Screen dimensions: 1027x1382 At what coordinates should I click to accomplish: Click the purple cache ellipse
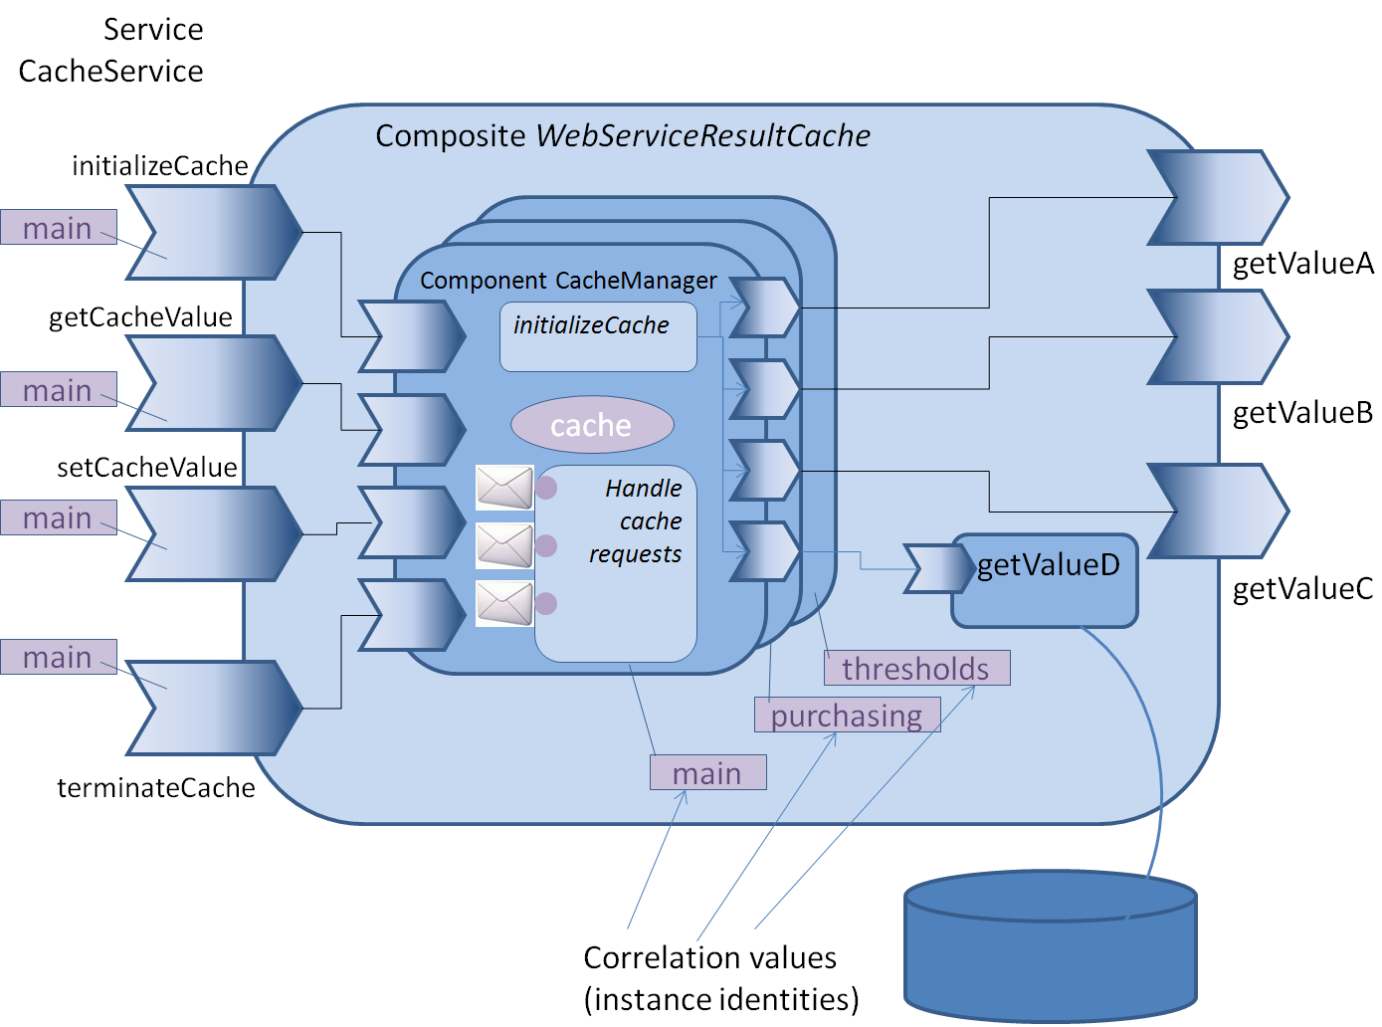[x=592, y=425]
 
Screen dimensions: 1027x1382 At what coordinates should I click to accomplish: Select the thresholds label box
[x=916, y=668]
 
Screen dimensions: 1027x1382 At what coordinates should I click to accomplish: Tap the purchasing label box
[x=847, y=716]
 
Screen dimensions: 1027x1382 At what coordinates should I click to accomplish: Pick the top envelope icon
[x=504, y=488]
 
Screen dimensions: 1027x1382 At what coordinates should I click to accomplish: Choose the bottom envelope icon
[x=504, y=603]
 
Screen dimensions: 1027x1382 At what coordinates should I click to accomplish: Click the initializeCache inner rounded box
[x=598, y=337]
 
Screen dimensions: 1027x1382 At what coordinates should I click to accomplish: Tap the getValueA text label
[x=1302, y=264]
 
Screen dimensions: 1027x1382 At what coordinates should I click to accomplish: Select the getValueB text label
[x=1302, y=412]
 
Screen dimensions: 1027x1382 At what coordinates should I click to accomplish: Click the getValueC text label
[x=1302, y=589]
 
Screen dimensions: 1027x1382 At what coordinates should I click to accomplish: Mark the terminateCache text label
[x=156, y=788]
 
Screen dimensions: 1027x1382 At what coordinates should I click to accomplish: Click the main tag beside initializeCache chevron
[x=58, y=228]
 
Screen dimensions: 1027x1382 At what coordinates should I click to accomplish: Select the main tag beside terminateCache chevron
[x=58, y=657]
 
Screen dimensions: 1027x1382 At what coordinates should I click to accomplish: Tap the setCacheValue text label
[x=147, y=467]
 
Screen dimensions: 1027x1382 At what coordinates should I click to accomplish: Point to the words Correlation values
[x=709, y=957]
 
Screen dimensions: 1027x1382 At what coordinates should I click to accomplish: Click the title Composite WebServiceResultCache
[x=623, y=135]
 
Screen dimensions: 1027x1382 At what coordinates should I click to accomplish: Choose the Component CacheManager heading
[x=568, y=281]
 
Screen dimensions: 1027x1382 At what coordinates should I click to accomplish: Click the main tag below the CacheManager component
[x=707, y=772]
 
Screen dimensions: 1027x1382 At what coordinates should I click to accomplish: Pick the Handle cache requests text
[x=637, y=521]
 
